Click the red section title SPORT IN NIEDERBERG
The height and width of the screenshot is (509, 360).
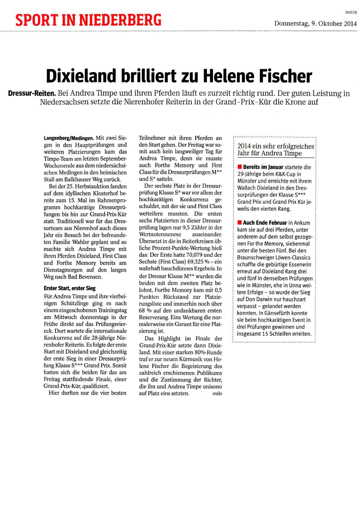point(88,20)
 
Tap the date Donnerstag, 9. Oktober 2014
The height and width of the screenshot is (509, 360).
point(315,23)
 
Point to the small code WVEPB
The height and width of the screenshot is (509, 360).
point(351,12)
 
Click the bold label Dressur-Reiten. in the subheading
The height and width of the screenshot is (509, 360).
point(32,93)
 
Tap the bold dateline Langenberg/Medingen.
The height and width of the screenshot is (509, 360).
point(69,138)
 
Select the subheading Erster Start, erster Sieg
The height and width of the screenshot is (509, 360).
point(70,288)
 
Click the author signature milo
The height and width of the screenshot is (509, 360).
point(217,394)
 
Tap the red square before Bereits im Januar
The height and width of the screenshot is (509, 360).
point(239,167)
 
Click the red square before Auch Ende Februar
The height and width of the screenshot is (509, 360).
point(239,223)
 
